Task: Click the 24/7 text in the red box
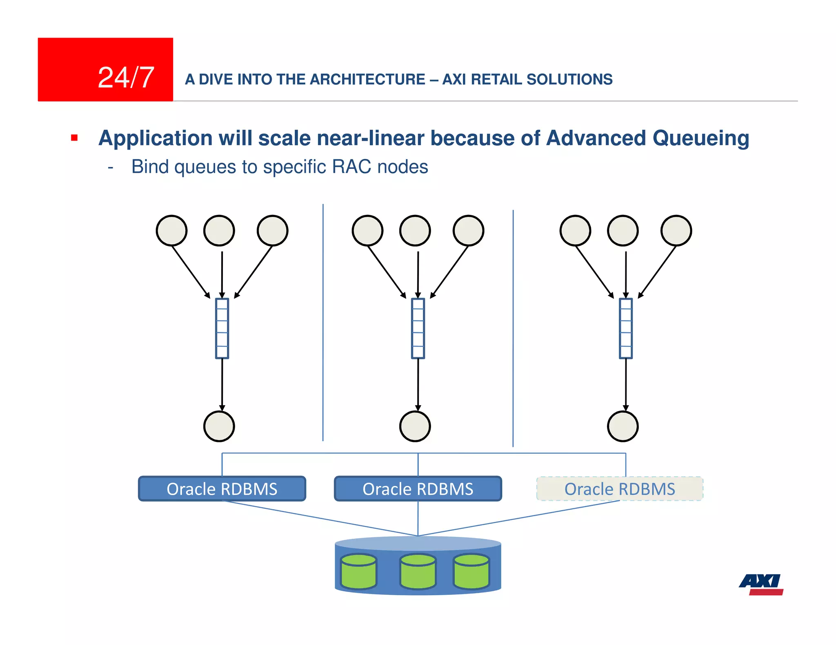point(126,77)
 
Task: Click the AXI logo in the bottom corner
point(761,584)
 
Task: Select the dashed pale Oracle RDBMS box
point(620,488)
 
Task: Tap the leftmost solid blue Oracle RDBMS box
point(222,488)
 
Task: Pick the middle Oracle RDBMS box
point(418,488)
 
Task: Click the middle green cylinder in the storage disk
point(418,572)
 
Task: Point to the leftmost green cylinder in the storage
point(358,572)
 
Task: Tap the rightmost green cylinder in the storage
point(471,572)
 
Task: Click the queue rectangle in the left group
point(222,329)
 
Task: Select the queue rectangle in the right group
point(625,329)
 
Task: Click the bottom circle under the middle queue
point(415,426)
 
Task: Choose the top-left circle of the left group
point(171,231)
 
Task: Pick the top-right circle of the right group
point(676,231)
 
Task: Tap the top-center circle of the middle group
point(415,231)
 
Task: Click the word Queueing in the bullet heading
point(700,138)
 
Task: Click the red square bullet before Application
point(74,138)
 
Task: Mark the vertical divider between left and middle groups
point(323,322)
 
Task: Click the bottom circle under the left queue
point(219,426)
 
